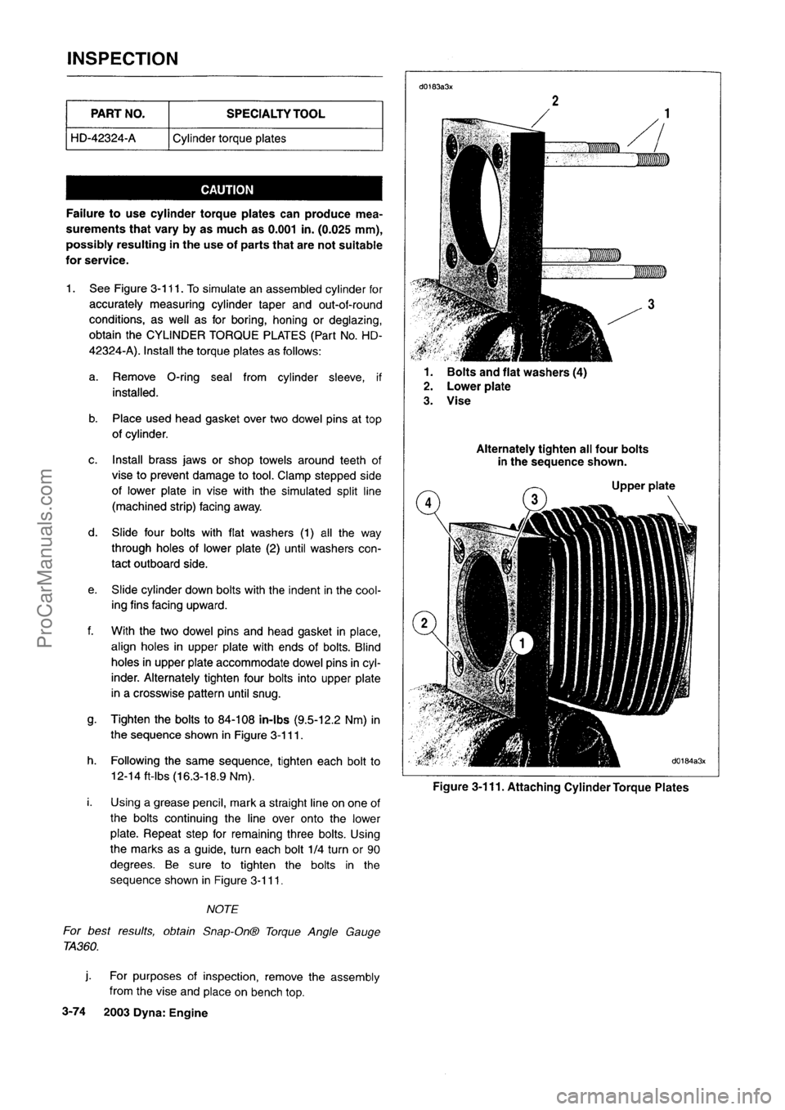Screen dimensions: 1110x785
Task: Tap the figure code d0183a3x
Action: [x=437, y=85]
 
